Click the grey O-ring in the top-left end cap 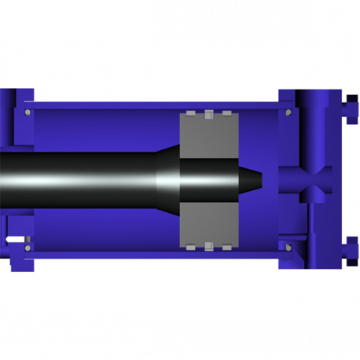pyautogui.click(x=28, y=112)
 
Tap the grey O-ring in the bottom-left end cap pyautogui.click(x=28, y=248)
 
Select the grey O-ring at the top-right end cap pyautogui.click(x=288, y=112)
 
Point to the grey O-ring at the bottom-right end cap pyautogui.click(x=288, y=248)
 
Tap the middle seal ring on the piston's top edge pyautogui.click(x=208, y=114)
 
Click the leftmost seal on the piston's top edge pyautogui.click(x=191, y=114)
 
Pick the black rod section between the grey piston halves pyautogui.click(x=208, y=180)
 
